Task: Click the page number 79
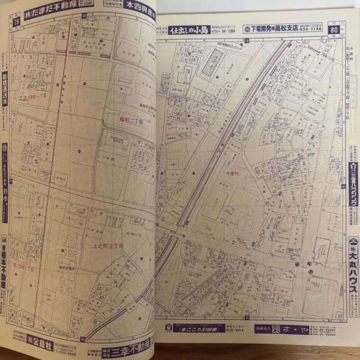pyautogui.click(x=16, y=23)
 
